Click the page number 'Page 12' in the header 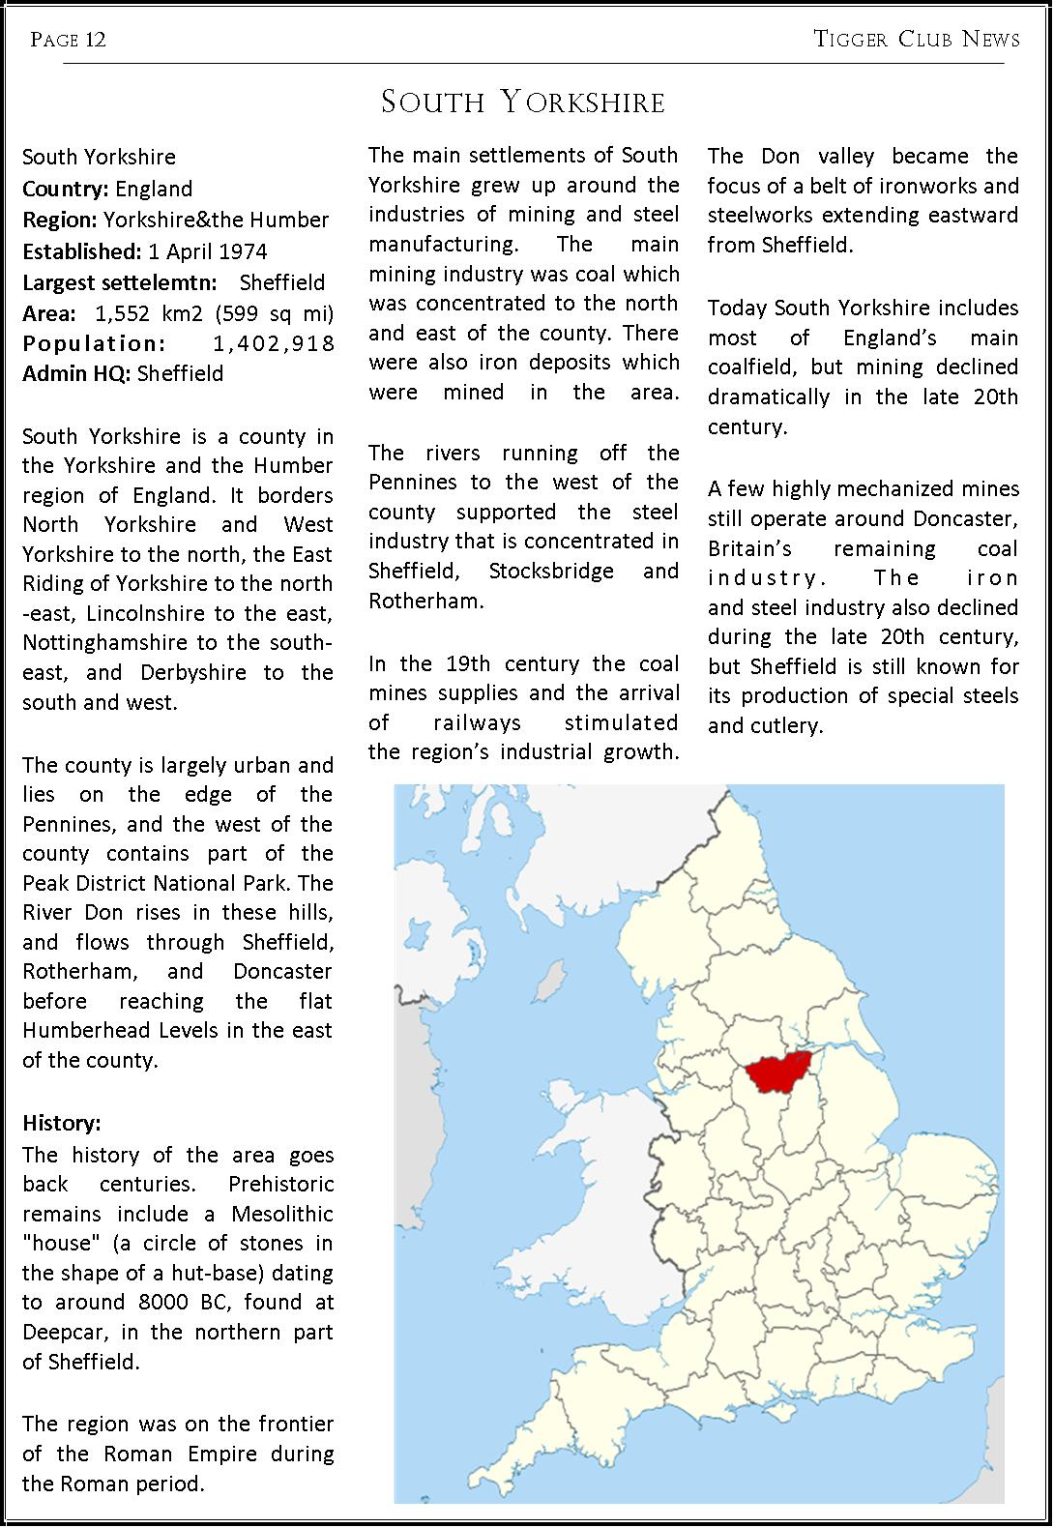(68, 40)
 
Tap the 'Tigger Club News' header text (917, 40)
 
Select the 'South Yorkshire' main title (523, 103)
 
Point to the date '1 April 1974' (207, 251)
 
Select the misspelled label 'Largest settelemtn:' (120, 282)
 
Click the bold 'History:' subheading (61, 1123)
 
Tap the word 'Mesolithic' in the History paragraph (281, 1214)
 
